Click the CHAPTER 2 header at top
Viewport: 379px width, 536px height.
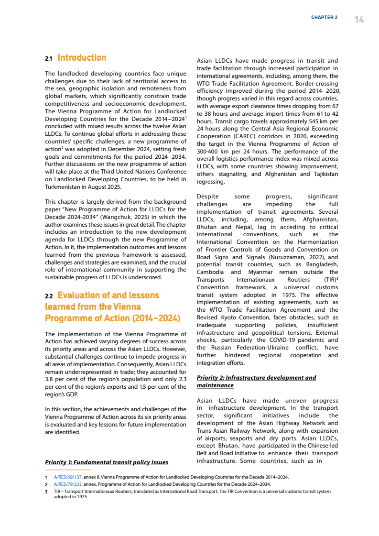point(324,18)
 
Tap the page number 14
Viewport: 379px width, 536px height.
point(359,19)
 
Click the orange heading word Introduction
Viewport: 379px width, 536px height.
point(82,58)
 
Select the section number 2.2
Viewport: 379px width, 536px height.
point(49,296)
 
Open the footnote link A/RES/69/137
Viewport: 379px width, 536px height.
point(68,477)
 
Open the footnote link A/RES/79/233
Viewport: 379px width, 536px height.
point(68,484)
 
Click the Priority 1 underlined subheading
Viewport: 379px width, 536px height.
point(107,462)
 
